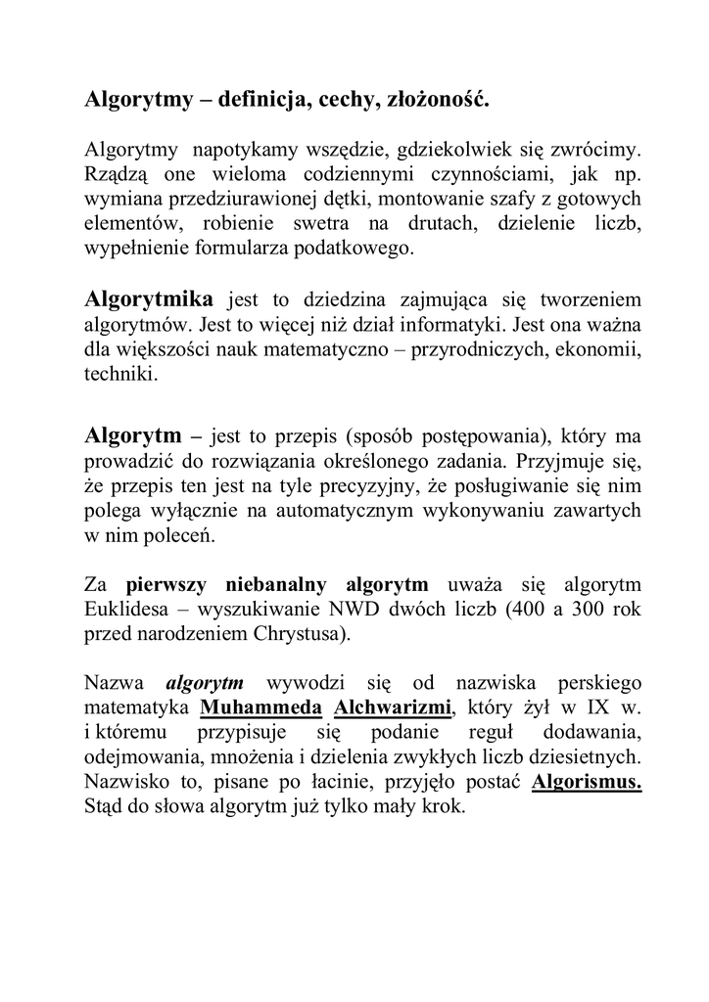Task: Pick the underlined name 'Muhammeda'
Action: click(260, 707)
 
